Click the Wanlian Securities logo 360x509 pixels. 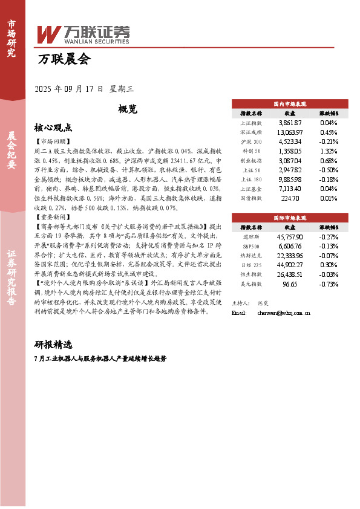pos(83,34)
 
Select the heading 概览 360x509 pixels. pos(128,109)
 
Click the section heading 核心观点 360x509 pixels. pos(53,128)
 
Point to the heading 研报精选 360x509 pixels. pos(53,345)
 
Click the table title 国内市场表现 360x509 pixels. pos(290,103)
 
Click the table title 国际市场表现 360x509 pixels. pos(290,216)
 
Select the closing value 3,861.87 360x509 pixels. pos(290,122)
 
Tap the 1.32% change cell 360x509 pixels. pos(329,151)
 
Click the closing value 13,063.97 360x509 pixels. pos(290,132)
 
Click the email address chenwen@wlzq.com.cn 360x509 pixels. pos(284,313)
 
